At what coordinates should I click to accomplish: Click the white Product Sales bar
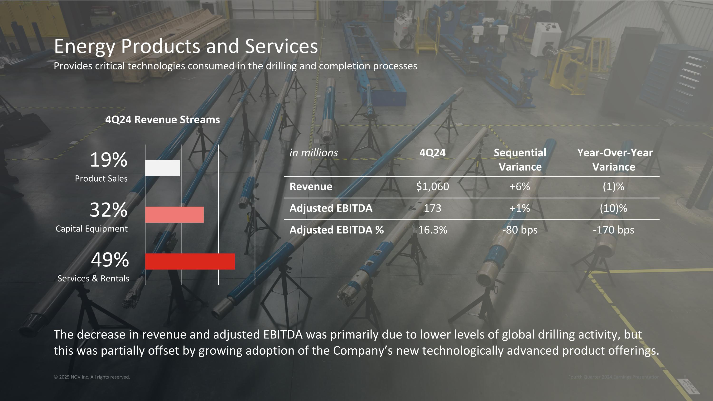point(163,168)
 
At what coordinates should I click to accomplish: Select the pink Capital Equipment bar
point(174,214)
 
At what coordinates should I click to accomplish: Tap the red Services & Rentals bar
point(190,261)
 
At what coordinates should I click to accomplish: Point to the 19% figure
point(109,160)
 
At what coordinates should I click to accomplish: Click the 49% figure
point(110,260)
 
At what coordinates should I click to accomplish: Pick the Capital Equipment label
point(92,229)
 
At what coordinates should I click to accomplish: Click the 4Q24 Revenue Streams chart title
point(163,120)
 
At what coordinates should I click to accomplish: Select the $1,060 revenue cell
point(432,187)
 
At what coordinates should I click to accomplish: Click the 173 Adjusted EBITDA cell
point(432,208)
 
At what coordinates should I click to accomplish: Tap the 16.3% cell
point(432,230)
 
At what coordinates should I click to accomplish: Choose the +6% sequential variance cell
point(520,187)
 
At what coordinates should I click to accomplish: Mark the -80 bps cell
point(520,230)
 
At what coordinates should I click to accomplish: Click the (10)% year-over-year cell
point(613,208)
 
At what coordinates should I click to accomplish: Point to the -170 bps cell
point(613,230)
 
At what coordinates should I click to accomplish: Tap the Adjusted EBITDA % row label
point(337,230)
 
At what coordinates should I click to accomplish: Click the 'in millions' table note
point(313,153)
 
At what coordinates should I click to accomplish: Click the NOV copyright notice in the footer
point(92,377)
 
